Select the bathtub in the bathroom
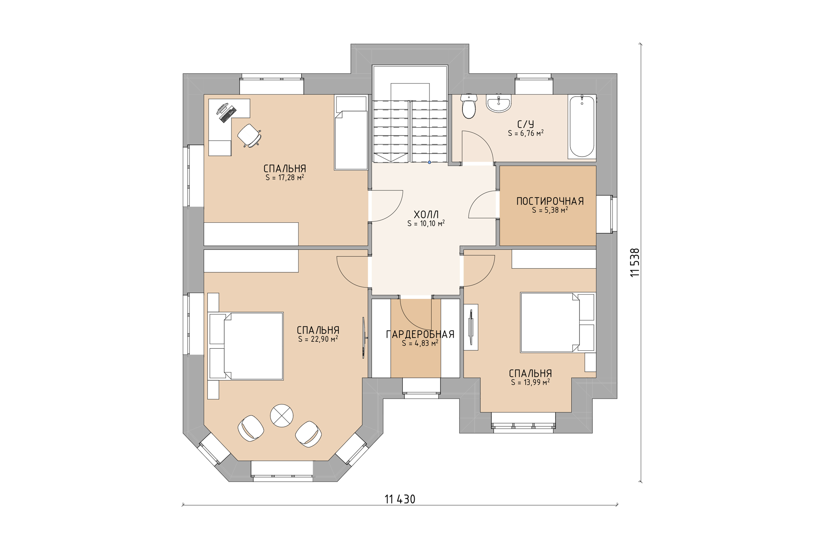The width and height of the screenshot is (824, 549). (582, 126)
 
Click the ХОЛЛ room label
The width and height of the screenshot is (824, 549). (426, 214)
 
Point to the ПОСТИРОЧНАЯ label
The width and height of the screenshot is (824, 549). (550, 201)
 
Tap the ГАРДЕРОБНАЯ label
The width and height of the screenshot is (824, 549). (420, 334)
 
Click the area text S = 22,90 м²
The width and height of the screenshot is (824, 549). (318, 339)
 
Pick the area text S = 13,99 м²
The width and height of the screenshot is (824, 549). (530, 382)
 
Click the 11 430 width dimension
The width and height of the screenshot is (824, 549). (400, 499)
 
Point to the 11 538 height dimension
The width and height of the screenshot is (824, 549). (635, 262)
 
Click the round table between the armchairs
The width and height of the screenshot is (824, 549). (282, 415)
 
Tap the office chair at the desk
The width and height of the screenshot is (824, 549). (249, 136)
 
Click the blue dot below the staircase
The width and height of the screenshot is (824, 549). (429, 162)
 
